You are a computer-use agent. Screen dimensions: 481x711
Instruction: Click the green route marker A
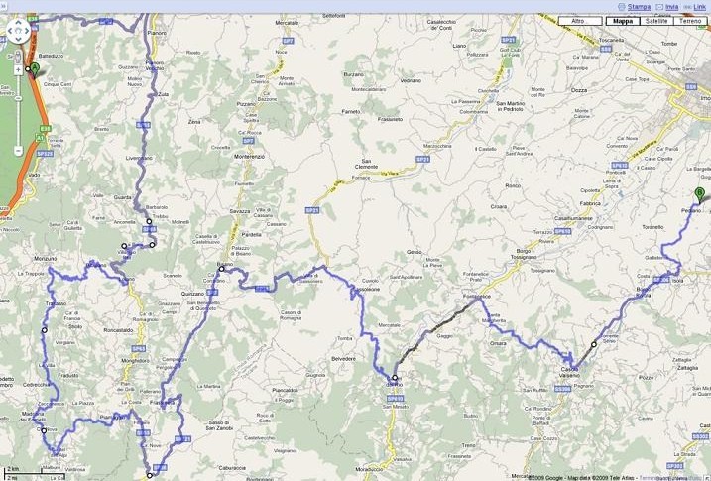click(34, 68)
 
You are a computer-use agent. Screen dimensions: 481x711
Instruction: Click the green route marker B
click(699, 194)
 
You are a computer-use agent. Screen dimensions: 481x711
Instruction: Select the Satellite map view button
click(655, 20)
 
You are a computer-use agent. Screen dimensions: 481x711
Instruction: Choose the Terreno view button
click(690, 20)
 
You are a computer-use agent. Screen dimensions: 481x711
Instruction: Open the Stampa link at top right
click(639, 6)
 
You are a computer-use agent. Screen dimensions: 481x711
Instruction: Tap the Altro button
click(578, 20)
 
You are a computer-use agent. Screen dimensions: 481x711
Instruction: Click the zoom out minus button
click(19, 151)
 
